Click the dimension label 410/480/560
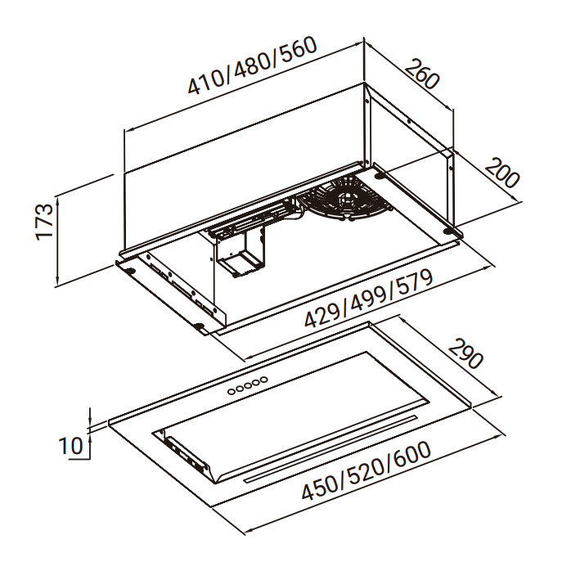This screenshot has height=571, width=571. (x=252, y=65)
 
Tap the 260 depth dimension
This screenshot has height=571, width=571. (x=422, y=74)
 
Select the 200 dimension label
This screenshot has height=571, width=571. (x=502, y=173)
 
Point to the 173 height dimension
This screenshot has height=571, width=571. (x=44, y=222)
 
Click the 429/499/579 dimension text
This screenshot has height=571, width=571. (x=368, y=299)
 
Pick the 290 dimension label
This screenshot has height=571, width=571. (x=465, y=353)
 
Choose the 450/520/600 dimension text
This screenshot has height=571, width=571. (x=366, y=470)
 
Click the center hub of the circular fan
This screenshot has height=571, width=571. (x=346, y=199)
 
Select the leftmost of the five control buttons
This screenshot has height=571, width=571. (x=232, y=392)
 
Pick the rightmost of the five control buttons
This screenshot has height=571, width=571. (x=263, y=380)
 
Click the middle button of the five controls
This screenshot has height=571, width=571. (x=248, y=385)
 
